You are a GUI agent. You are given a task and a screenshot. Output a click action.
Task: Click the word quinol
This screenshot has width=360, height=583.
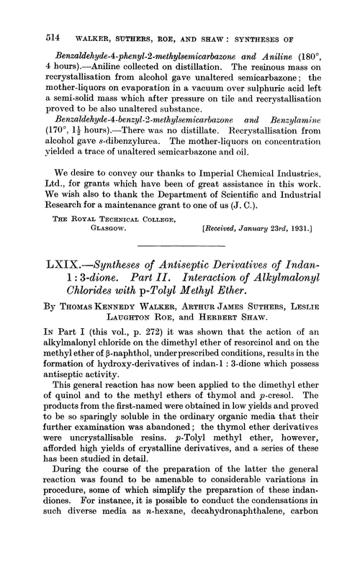point(56,460)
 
